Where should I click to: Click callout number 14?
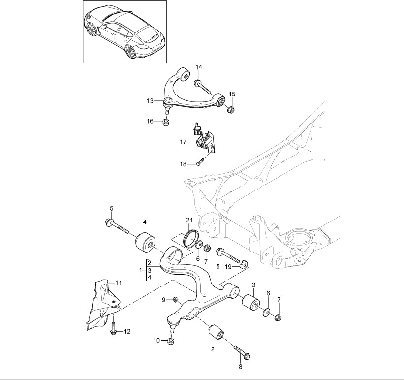[x=199, y=67]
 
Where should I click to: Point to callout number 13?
[x=150, y=101]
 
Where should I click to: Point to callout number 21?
[x=190, y=219]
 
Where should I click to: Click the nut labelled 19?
[x=243, y=266]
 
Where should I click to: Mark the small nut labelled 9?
[x=176, y=299]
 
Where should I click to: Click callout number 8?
[x=240, y=366]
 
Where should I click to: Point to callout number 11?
[x=118, y=283]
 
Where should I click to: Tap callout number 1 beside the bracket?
[x=142, y=271]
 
